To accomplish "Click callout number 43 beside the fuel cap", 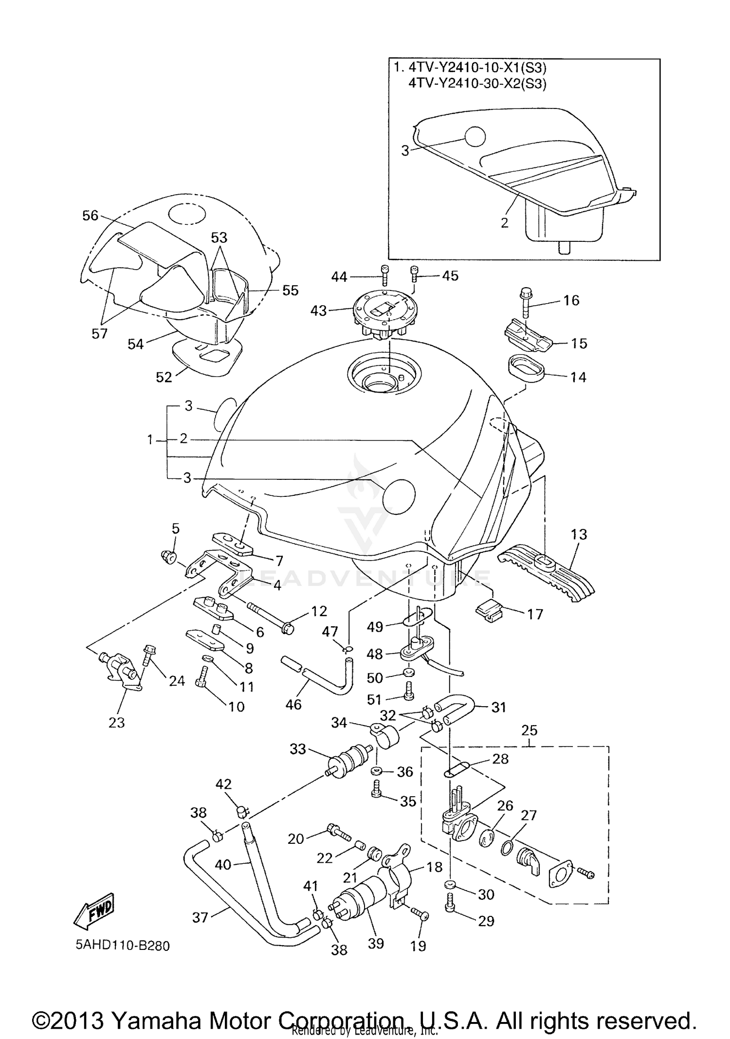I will (x=319, y=310).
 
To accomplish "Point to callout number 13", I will (x=579, y=534).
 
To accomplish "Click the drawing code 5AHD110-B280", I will (x=122, y=946).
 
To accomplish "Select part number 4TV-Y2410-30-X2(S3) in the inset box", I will (x=477, y=84).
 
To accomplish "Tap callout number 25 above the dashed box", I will (x=529, y=730).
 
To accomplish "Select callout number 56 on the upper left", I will (x=91, y=216).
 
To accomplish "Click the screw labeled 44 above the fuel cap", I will (x=384, y=275).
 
